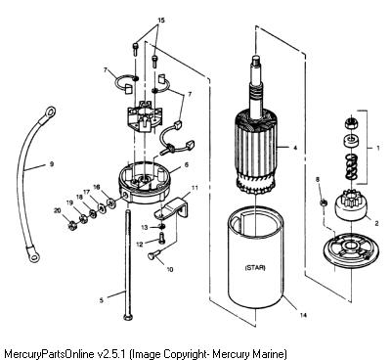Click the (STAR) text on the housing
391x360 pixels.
coord(255,268)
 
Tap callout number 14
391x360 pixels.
coord(303,315)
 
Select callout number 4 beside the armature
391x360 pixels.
coord(295,148)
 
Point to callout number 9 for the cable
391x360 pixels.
coord(52,164)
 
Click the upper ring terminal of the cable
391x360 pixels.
coord(50,112)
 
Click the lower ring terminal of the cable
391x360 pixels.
coord(33,255)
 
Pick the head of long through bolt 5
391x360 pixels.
coord(127,317)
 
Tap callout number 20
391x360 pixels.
coord(58,211)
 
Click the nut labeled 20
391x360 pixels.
coord(72,225)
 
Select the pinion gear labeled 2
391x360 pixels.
coord(349,204)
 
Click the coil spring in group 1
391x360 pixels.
coord(351,167)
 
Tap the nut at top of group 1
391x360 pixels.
coord(351,122)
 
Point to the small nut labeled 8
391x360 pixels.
coord(324,202)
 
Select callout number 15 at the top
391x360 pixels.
coord(161,21)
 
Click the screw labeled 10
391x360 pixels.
coord(153,254)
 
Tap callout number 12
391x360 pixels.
coord(140,244)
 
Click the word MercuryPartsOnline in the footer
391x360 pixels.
coord(49,353)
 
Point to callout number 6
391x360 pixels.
coord(187,165)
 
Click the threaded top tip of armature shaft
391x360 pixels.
coord(255,60)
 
